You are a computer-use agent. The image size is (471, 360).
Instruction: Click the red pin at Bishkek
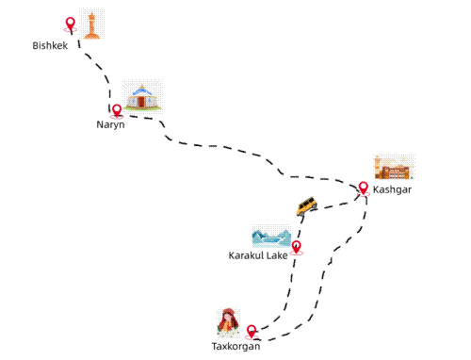(x=70, y=24)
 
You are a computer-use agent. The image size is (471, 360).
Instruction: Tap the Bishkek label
(x=50, y=46)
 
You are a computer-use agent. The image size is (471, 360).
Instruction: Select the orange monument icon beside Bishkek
(x=91, y=25)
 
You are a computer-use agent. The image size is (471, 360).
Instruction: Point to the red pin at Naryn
(x=117, y=109)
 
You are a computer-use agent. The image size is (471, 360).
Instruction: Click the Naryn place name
(x=110, y=124)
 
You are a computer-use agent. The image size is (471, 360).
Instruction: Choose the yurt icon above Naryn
(x=141, y=95)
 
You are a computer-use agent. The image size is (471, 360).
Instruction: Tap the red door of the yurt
(x=141, y=100)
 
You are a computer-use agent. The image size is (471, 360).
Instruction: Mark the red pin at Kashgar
(x=363, y=188)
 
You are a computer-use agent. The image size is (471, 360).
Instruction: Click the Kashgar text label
(x=392, y=190)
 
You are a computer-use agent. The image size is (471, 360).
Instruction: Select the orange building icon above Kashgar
(x=394, y=169)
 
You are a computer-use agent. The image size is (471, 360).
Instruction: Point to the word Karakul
(x=246, y=255)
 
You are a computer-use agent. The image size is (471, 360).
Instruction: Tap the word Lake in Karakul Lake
(x=277, y=255)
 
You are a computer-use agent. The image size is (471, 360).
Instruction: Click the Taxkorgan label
(x=235, y=347)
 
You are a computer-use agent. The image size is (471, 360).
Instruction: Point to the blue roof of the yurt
(x=141, y=89)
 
